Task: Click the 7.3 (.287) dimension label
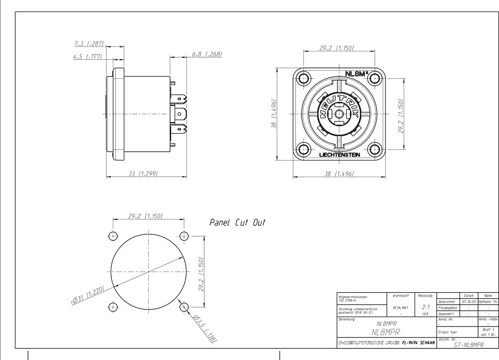pos(88,44)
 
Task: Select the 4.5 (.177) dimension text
pos(87,56)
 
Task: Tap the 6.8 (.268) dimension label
pos(207,54)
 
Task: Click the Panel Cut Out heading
pos(237,222)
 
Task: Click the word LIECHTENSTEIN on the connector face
pos(339,155)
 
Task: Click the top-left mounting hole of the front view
pos(303,78)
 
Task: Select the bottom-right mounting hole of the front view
pos(375,148)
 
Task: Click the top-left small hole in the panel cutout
pos(113,235)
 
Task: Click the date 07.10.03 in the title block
pos(469,302)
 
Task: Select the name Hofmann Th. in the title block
pos(488,302)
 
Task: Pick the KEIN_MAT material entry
pos(401,308)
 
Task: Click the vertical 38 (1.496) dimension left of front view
pos(273,113)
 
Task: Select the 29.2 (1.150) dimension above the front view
pos(336,48)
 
